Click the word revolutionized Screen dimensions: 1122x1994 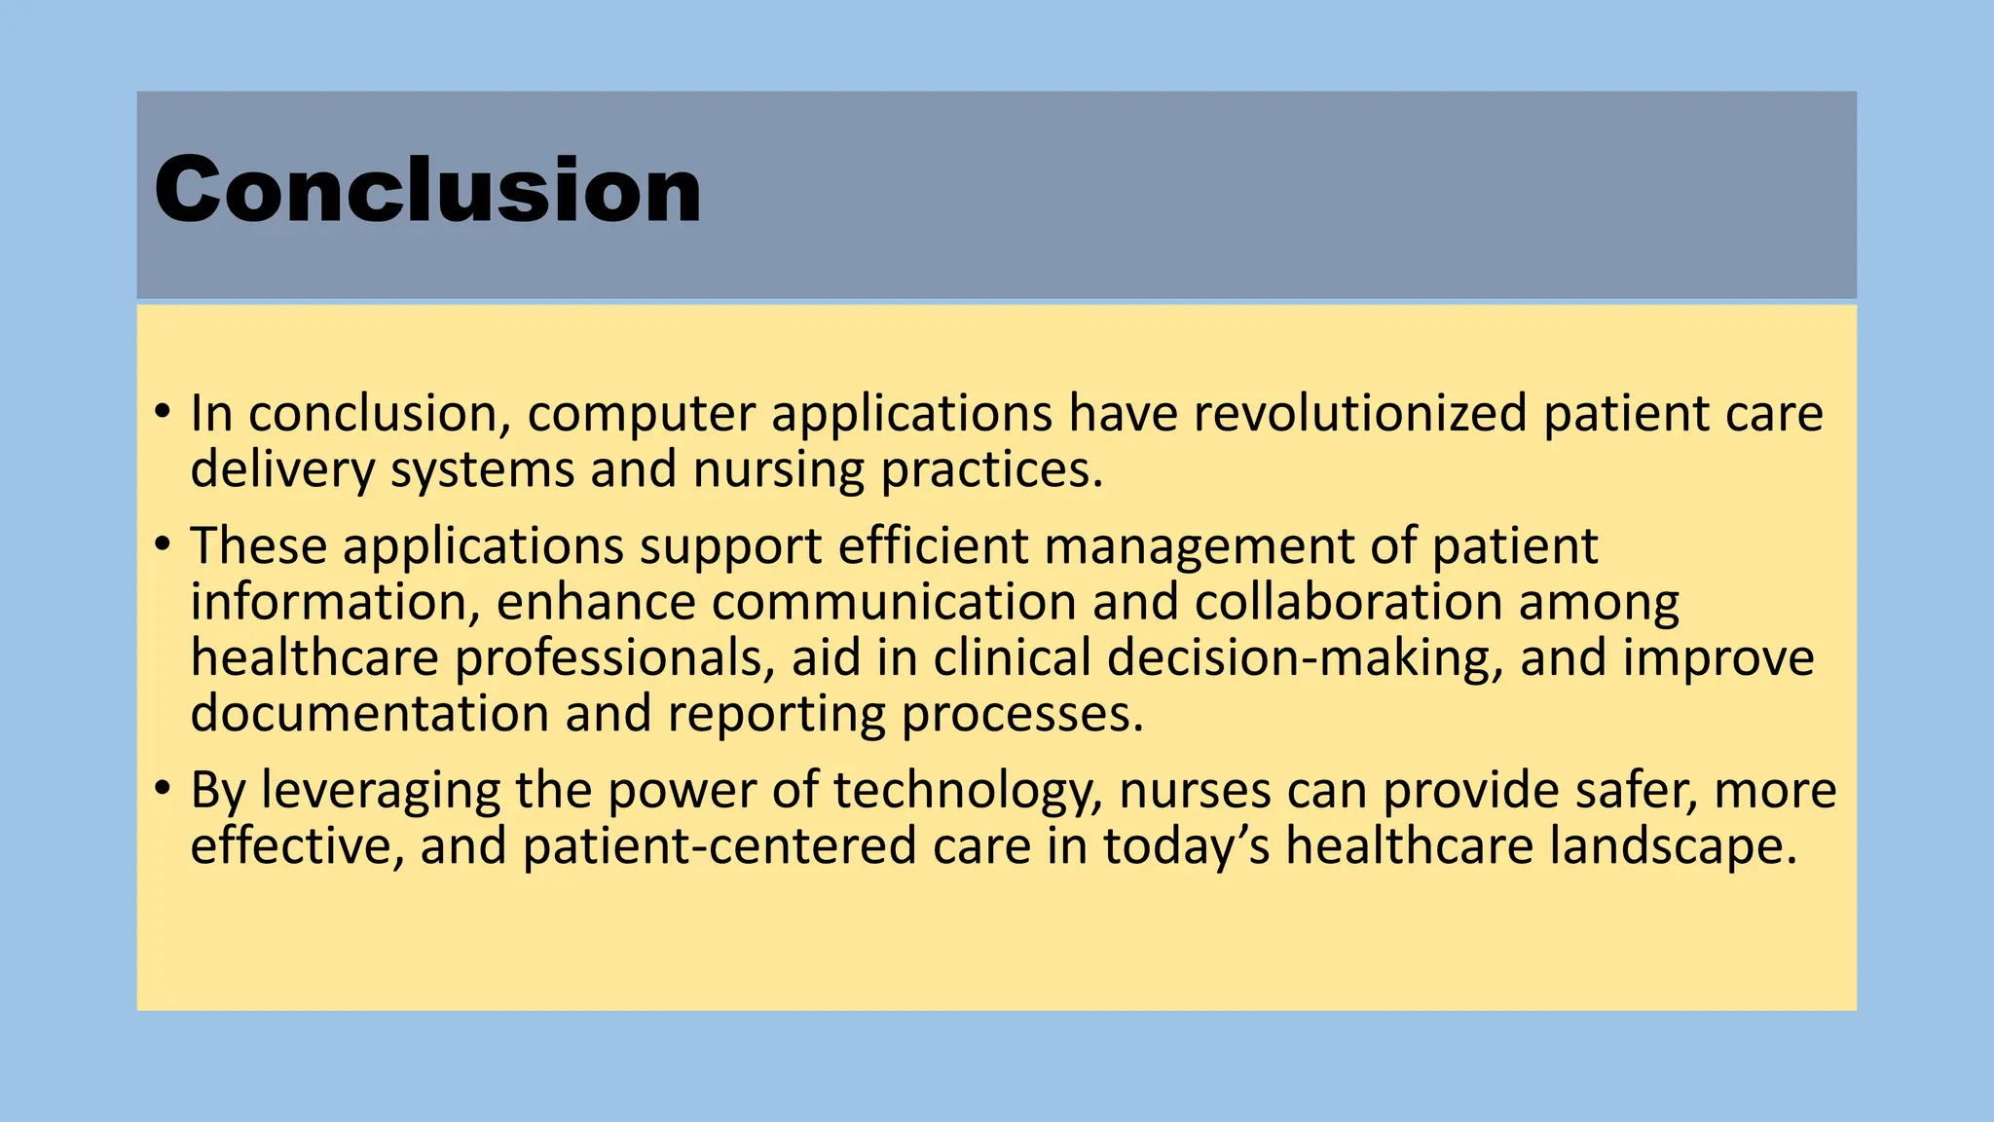[1360, 413]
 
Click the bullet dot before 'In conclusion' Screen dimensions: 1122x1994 [163, 411]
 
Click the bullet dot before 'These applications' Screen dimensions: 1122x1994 [163, 543]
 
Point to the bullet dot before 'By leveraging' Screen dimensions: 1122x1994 [163, 787]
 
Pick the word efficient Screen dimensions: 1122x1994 [933, 545]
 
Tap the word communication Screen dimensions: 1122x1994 [893, 602]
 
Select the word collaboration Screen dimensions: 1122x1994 [1348, 602]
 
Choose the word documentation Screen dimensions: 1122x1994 [370, 714]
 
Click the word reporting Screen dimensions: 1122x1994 [776, 714]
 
